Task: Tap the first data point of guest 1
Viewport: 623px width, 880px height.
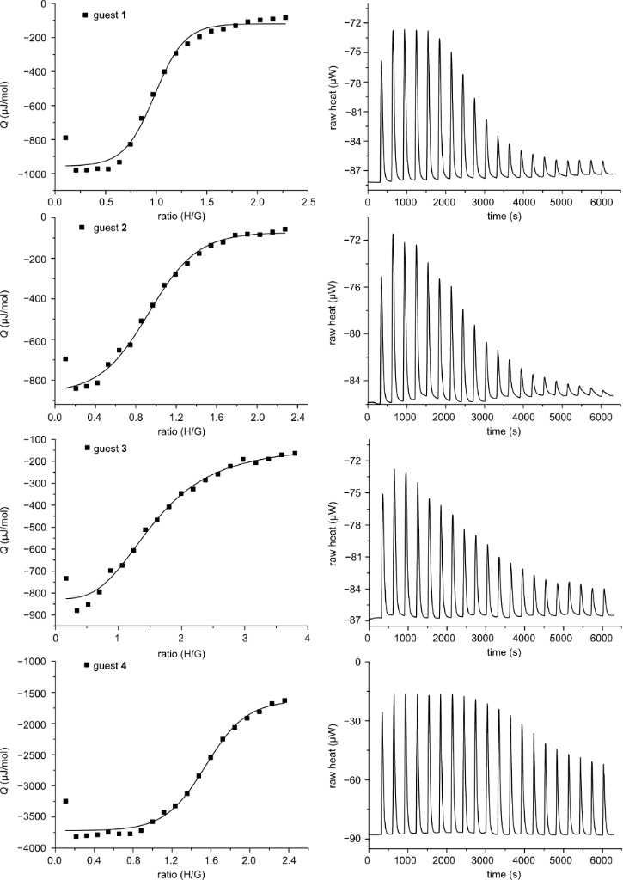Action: [x=65, y=137]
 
